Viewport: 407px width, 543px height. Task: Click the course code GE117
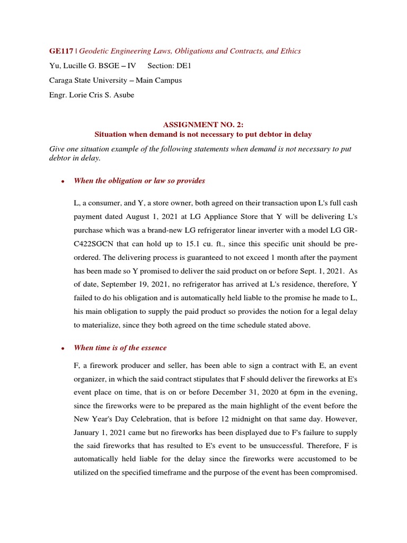point(61,51)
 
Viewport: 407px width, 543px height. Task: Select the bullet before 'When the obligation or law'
point(63,181)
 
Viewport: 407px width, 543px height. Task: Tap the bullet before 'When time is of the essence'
point(63,348)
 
